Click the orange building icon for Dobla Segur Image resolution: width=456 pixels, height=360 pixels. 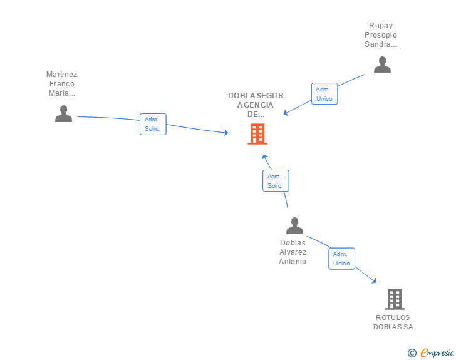click(257, 134)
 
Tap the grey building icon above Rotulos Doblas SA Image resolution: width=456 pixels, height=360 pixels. click(395, 299)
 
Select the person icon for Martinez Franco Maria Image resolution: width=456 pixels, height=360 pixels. click(63, 114)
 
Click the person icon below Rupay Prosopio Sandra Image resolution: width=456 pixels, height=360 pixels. click(382, 65)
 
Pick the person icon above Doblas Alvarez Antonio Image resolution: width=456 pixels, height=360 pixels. click(294, 225)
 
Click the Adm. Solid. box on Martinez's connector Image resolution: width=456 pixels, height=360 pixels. click(153, 124)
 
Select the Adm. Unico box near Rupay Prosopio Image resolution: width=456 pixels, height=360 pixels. click(324, 94)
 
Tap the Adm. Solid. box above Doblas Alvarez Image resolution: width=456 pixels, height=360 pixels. click(276, 180)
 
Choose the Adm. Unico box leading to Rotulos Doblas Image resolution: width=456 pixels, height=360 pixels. click(342, 259)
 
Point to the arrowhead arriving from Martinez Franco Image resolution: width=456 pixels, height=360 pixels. click(226, 133)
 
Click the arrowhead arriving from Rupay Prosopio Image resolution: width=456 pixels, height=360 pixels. click(286, 113)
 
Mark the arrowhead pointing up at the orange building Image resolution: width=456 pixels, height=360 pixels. click(264, 157)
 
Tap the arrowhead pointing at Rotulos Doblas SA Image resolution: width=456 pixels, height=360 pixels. click(375, 281)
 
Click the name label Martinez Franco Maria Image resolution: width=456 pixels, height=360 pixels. click(61, 84)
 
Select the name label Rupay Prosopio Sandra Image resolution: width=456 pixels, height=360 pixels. click(381, 35)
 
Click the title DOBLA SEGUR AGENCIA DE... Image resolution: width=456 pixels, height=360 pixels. click(256, 105)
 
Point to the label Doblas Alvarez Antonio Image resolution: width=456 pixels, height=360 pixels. click(293, 252)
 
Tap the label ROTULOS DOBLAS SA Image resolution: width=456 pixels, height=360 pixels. click(393, 322)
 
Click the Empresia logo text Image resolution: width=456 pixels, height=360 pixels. click(437, 353)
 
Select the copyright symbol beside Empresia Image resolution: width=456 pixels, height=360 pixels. click(412, 353)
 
